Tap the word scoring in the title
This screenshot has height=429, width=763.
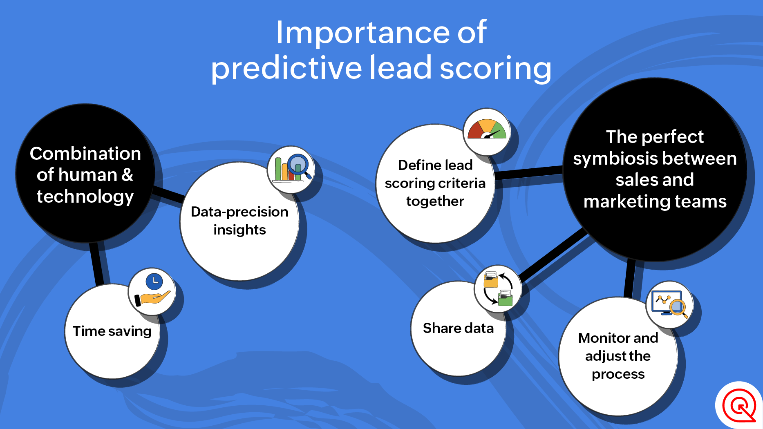coord(495,68)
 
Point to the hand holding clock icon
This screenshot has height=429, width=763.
coord(152,290)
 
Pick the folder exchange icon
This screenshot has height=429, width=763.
coord(498,288)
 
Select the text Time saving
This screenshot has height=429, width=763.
coord(112,331)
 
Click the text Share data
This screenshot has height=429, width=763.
coord(458,328)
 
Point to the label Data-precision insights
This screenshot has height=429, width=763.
coord(239,221)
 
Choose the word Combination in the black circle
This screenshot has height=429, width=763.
coord(85,154)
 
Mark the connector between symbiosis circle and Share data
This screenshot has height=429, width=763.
coord(554,255)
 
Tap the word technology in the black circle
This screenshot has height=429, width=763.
coord(85,197)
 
